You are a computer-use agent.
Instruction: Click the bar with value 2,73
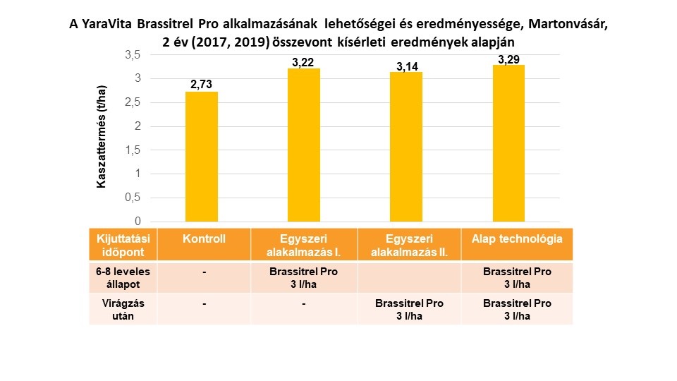point(202,157)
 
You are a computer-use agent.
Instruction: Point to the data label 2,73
point(202,85)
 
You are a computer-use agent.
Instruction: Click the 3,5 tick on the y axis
point(133,55)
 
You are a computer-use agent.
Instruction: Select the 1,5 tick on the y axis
point(133,150)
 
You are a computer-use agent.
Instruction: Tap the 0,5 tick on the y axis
point(133,198)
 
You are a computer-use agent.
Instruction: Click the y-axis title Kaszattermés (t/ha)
point(102,138)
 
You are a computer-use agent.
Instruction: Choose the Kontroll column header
point(203,239)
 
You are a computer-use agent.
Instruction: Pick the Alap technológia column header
point(517,239)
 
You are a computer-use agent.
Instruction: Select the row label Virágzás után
point(123,309)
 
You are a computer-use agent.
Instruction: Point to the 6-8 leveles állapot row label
point(123,277)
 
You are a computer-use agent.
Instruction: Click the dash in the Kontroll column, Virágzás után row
point(203,304)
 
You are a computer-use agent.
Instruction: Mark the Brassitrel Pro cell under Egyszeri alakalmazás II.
point(410,309)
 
